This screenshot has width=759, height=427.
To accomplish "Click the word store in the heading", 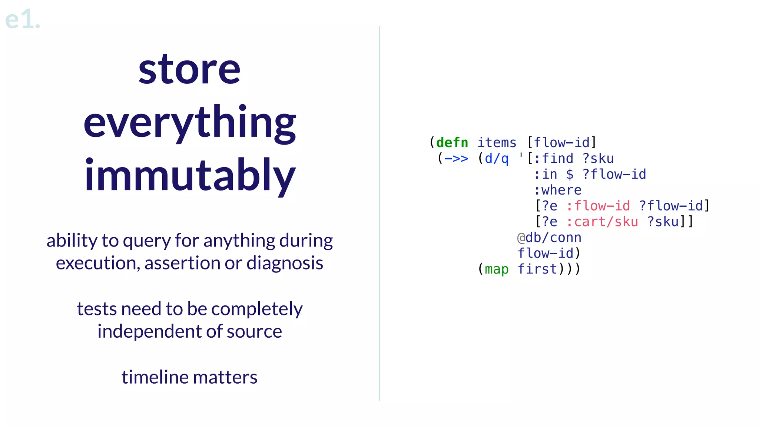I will [x=189, y=69].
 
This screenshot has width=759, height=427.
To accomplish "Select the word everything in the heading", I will [x=189, y=123].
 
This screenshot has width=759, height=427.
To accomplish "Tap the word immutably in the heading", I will [x=189, y=175].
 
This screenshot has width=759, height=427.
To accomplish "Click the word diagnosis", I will [x=285, y=263].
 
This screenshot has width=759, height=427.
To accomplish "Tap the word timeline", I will [x=155, y=377].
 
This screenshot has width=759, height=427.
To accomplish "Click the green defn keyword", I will [x=452, y=143].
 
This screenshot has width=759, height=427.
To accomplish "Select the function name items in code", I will [x=496, y=143].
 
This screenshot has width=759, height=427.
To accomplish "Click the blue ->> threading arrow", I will [x=456, y=159].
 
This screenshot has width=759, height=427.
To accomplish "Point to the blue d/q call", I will [x=496, y=159].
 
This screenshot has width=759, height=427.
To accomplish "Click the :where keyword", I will [x=557, y=190].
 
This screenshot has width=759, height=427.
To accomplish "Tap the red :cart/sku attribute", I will [x=602, y=222].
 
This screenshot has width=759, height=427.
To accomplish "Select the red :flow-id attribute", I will [x=598, y=206].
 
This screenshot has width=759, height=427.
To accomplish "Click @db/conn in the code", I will [x=549, y=238].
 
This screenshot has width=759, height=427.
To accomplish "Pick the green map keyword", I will [x=496, y=269].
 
